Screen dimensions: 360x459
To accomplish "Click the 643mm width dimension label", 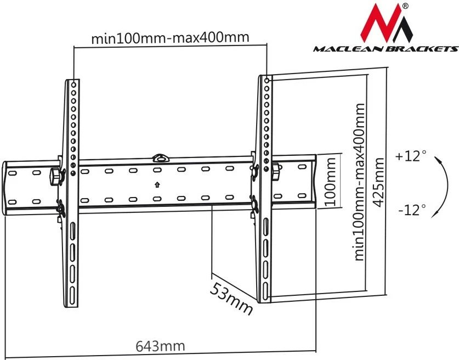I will tap(160, 346).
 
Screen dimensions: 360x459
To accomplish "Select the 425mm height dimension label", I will tap(378, 182).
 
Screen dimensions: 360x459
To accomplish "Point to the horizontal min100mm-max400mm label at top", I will tap(170, 38).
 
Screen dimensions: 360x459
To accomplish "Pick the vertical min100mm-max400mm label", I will tap(359, 181).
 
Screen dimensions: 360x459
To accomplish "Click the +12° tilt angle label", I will tap(410, 156).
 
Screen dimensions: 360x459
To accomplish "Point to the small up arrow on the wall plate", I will tap(157, 184).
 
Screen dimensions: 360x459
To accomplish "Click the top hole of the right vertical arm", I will tap(267, 80).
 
